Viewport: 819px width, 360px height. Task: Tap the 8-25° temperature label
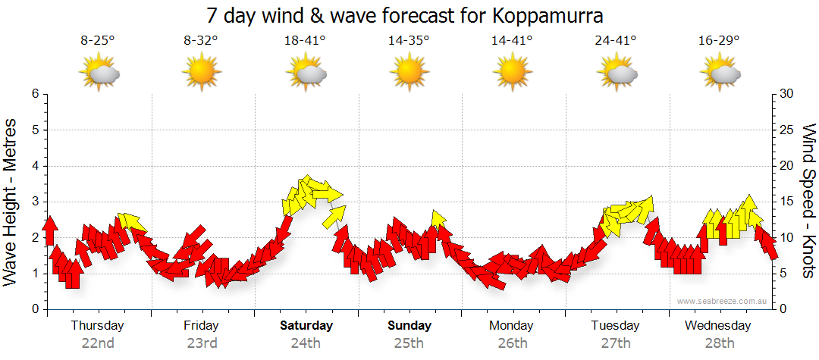coord(98,41)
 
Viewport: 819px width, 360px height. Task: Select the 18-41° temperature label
coord(306,41)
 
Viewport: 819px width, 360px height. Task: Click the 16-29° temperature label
coord(720,41)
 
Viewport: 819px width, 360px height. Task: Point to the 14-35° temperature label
coord(409,41)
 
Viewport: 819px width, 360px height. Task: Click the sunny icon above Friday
coord(202,74)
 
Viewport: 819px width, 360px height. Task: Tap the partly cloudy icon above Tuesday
coord(617,74)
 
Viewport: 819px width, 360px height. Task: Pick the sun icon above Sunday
coord(409,74)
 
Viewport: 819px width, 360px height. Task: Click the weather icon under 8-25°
coord(99,74)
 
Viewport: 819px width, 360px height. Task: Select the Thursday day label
coord(97,325)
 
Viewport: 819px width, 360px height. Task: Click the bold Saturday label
coord(306,325)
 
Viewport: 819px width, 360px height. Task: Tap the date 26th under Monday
coord(513,343)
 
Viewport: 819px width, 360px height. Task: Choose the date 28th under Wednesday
coord(720,343)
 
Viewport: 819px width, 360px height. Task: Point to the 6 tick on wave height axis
coord(34,94)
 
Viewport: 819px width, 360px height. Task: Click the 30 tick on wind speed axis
coord(786,94)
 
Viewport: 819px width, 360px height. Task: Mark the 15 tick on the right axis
coord(786,202)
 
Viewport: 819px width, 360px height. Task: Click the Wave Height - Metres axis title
coord(11,201)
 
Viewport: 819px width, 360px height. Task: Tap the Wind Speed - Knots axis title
coord(808,201)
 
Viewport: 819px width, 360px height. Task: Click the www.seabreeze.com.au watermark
coord(723,301)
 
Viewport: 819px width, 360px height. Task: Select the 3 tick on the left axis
coord(34,202)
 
